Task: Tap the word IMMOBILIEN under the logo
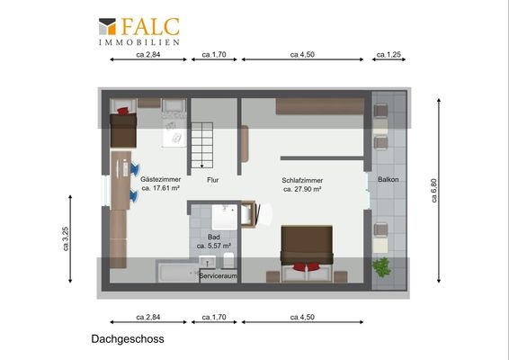click(138, 42)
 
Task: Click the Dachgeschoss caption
click(127, 341)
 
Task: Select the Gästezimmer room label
click(160, 180)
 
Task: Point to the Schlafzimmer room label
click(302, 180)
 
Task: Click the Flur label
click(213, 180)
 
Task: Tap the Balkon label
click(388, 179)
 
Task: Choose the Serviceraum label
click(218, 276)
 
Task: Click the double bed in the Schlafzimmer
click(306, 246)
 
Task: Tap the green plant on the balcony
click(383, 266)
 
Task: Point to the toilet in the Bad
click(228, 260)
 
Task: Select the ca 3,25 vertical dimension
click(88, 238)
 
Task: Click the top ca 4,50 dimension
click(302, 55)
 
